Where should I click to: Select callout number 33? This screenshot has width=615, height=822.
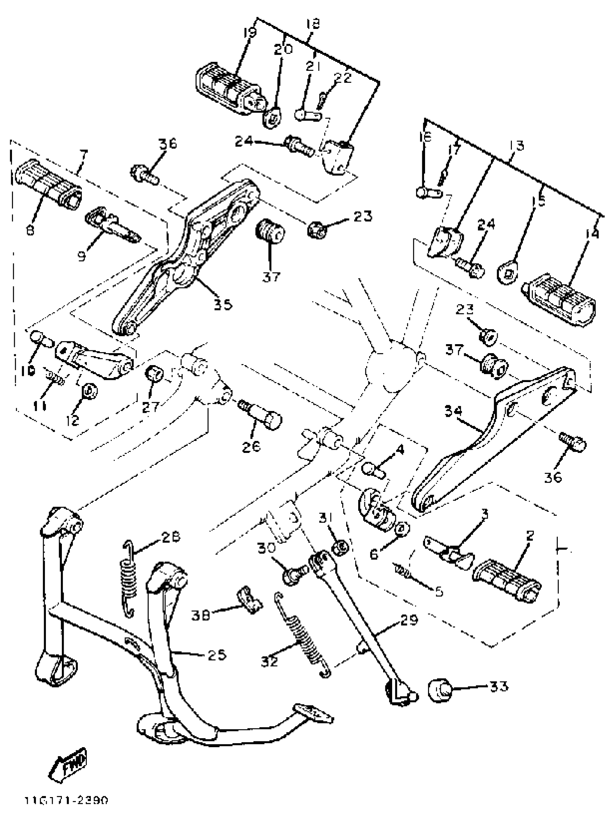pyautogui.click(x=499, y=687)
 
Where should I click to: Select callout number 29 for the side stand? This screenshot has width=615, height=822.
pyautogui.click(x=409, y=620)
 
